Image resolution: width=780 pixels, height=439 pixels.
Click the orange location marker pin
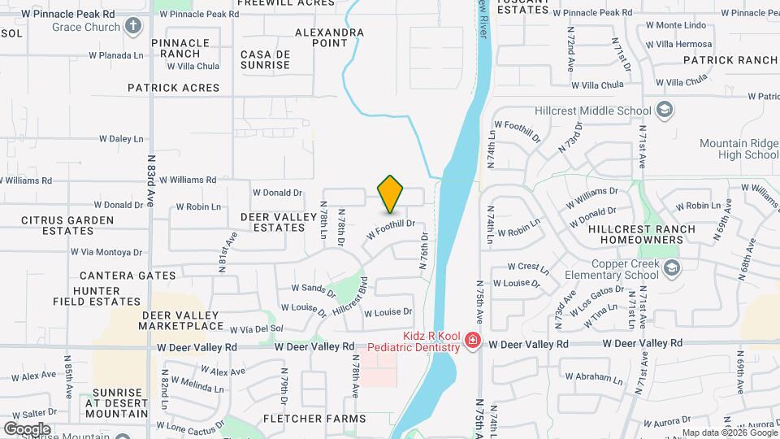391,193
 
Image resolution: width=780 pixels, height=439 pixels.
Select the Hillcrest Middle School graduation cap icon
664,111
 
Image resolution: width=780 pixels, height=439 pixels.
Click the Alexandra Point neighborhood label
329,37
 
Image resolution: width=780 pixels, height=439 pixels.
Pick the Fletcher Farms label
314,419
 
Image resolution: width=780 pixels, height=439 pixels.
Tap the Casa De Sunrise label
265,59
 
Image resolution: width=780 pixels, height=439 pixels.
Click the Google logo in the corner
27,428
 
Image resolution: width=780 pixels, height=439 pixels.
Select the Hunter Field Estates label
86,296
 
